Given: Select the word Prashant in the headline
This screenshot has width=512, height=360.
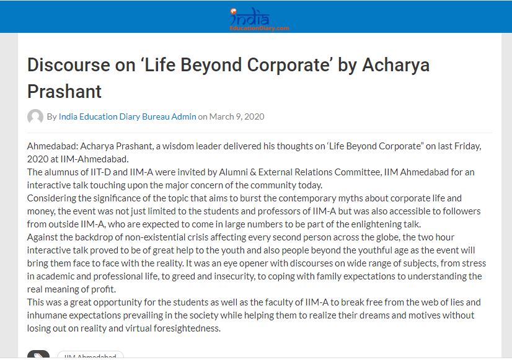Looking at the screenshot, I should (x=64, y=92).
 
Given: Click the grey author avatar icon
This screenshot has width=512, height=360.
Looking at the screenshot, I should (x=35, y=116).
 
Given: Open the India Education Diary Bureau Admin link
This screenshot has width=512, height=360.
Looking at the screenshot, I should (x=127, y=116).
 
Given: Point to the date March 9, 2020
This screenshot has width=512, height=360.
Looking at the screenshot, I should (x=237, y=116).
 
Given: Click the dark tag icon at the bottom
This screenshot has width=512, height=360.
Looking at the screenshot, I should (x=38, y=356).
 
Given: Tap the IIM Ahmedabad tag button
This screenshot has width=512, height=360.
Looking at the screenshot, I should (x=90, y=356).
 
